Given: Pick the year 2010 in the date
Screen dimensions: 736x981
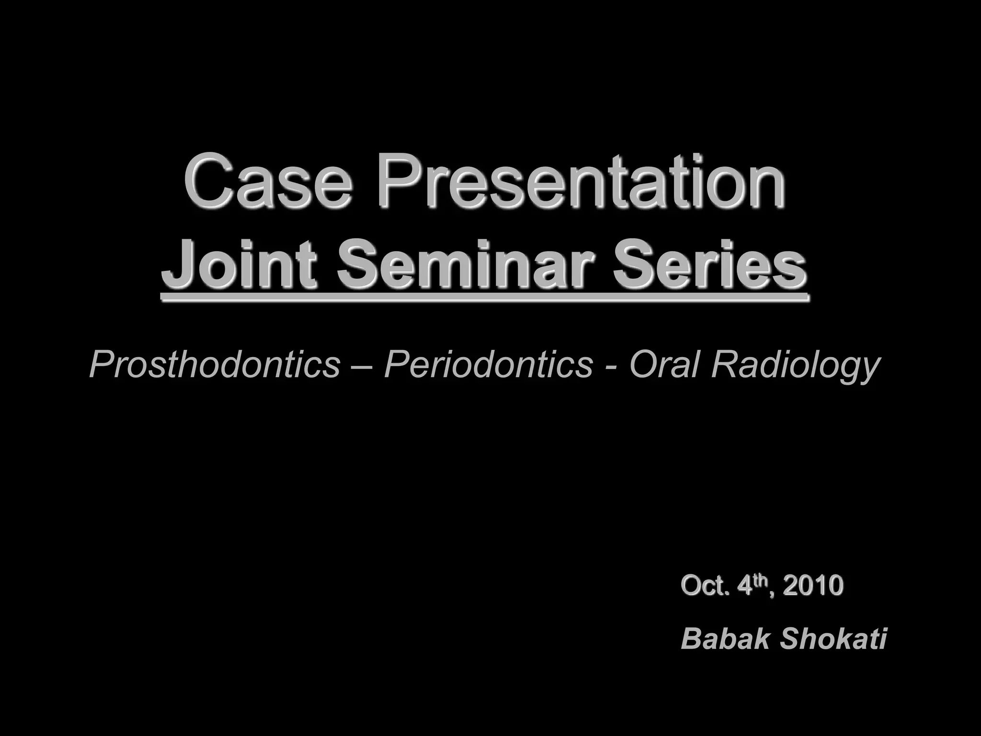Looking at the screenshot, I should pos(812,586).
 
